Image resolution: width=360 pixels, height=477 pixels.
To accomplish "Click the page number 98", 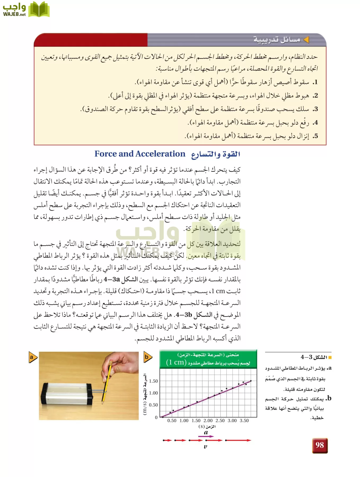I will (x=320, y=445).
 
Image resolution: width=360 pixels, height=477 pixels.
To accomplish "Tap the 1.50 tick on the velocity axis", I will (x=153, y=381).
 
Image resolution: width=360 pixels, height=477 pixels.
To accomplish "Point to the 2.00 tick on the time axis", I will (x=208, y=421).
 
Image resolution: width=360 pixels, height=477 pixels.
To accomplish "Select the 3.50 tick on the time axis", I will (x=244, y=421).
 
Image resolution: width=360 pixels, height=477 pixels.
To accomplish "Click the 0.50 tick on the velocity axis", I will (x=153, y=405).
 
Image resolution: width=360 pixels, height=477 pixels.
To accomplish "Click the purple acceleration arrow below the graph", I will (x=206, y=436).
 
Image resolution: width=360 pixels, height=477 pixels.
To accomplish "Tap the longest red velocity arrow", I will (x=238, y=440).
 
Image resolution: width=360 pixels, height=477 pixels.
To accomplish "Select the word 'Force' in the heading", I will (x=106, y=154).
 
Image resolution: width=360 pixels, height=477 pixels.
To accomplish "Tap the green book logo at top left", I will (x=39, y=10).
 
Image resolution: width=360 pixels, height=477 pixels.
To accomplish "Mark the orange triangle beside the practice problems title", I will (x=306, y=40).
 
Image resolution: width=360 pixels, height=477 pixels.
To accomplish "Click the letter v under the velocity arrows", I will (x=205, y=447).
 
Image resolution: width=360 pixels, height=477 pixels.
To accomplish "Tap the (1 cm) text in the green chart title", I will (x=176, y=362).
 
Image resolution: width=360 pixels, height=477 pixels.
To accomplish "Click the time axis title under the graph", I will (x=207, y=427).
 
